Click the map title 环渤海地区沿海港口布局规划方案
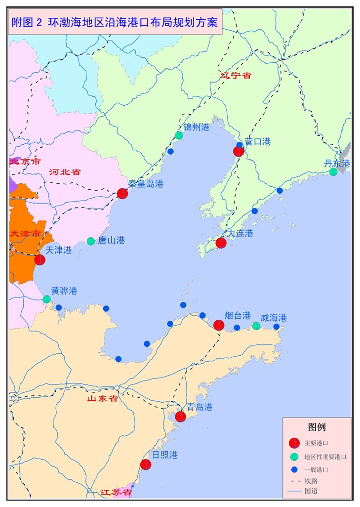click(115, 23)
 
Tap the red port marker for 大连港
click(221, 243)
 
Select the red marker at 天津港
click(40, 259)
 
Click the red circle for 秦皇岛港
click(122, 194)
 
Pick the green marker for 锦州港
click(179, 135)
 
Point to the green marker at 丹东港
click(333, 172)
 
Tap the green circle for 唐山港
click(91, 241)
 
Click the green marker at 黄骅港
click(46, 299)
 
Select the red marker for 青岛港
click(181, 417)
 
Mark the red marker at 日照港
click(146, 465)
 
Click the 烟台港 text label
click(238, 315)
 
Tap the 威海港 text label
click(274, 318)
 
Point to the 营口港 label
click(257, 141)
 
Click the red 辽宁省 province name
click(236, 75)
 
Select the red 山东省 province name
click(102, 398)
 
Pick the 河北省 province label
click(65, 172)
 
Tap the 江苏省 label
click(116, 492)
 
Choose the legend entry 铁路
click(311, 480)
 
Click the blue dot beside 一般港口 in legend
click(294, 469)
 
